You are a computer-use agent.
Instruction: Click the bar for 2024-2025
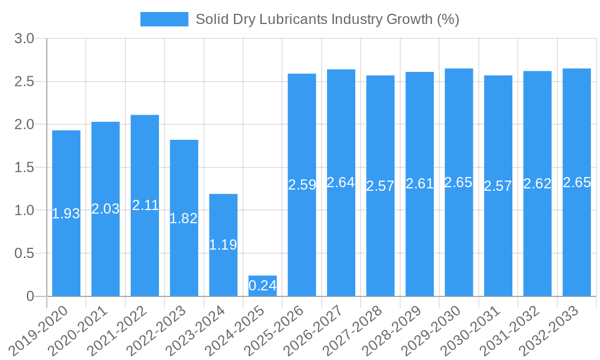[x=262, y=286]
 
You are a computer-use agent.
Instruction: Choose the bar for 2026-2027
[x=341, y=182]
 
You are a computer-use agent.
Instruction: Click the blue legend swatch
[x=164, y=19]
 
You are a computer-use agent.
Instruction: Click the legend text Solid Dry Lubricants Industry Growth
[x=327, y=19]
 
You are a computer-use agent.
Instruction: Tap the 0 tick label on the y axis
[x=31, y=296]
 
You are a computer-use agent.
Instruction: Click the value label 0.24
[x=262, y=286]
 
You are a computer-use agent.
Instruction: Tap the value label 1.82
[x=184, y=218]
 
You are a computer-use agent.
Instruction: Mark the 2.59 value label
[x=302, y=185]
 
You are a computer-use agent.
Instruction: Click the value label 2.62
[x=537, y=184]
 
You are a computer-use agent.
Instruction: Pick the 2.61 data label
[x=419, y=184]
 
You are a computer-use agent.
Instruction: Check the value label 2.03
[x=105, y=209]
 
